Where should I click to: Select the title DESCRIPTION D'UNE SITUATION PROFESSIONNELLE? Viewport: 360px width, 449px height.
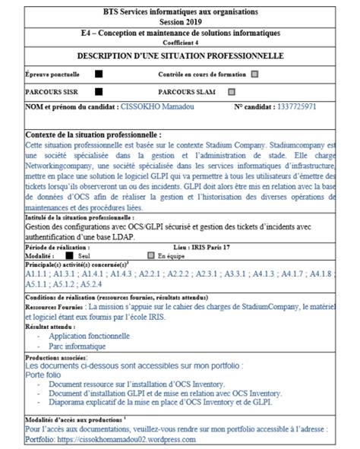pos(180,56)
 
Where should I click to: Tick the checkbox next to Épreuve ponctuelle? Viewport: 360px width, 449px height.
pos(99,74)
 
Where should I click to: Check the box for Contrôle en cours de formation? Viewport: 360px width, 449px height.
pos(254,74)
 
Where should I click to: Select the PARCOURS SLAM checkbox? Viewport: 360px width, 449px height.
pos(232,91)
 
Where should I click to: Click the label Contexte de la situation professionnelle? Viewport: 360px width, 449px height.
pos(93,134)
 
